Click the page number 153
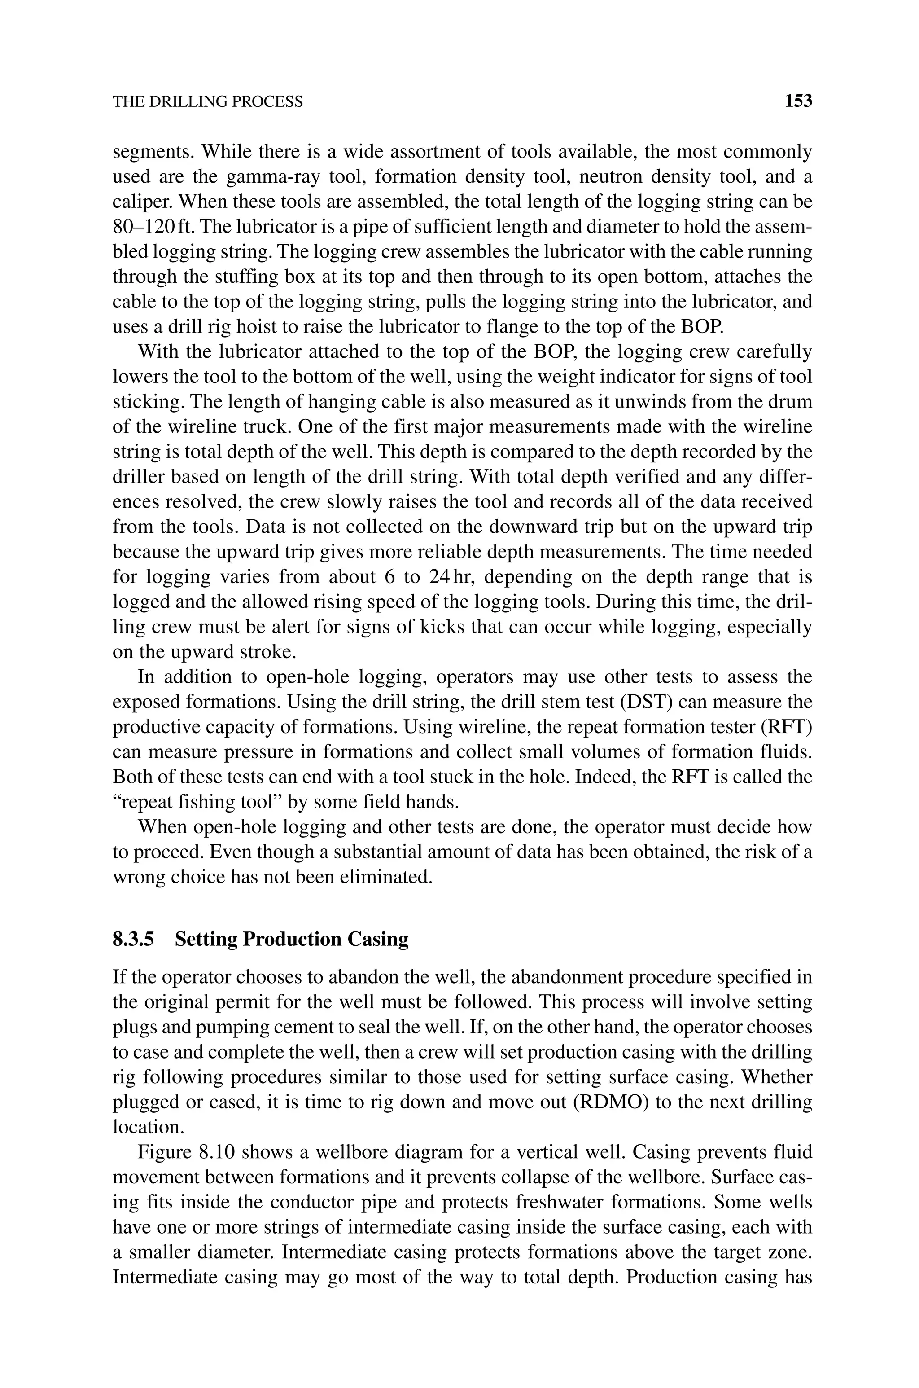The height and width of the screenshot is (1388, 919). pyautogui.click(x=798, y=101)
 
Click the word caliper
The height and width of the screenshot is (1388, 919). pyautogui.click(x=140, y=202)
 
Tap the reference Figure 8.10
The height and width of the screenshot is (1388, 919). pyautogui.click(x=186, y=1152)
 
